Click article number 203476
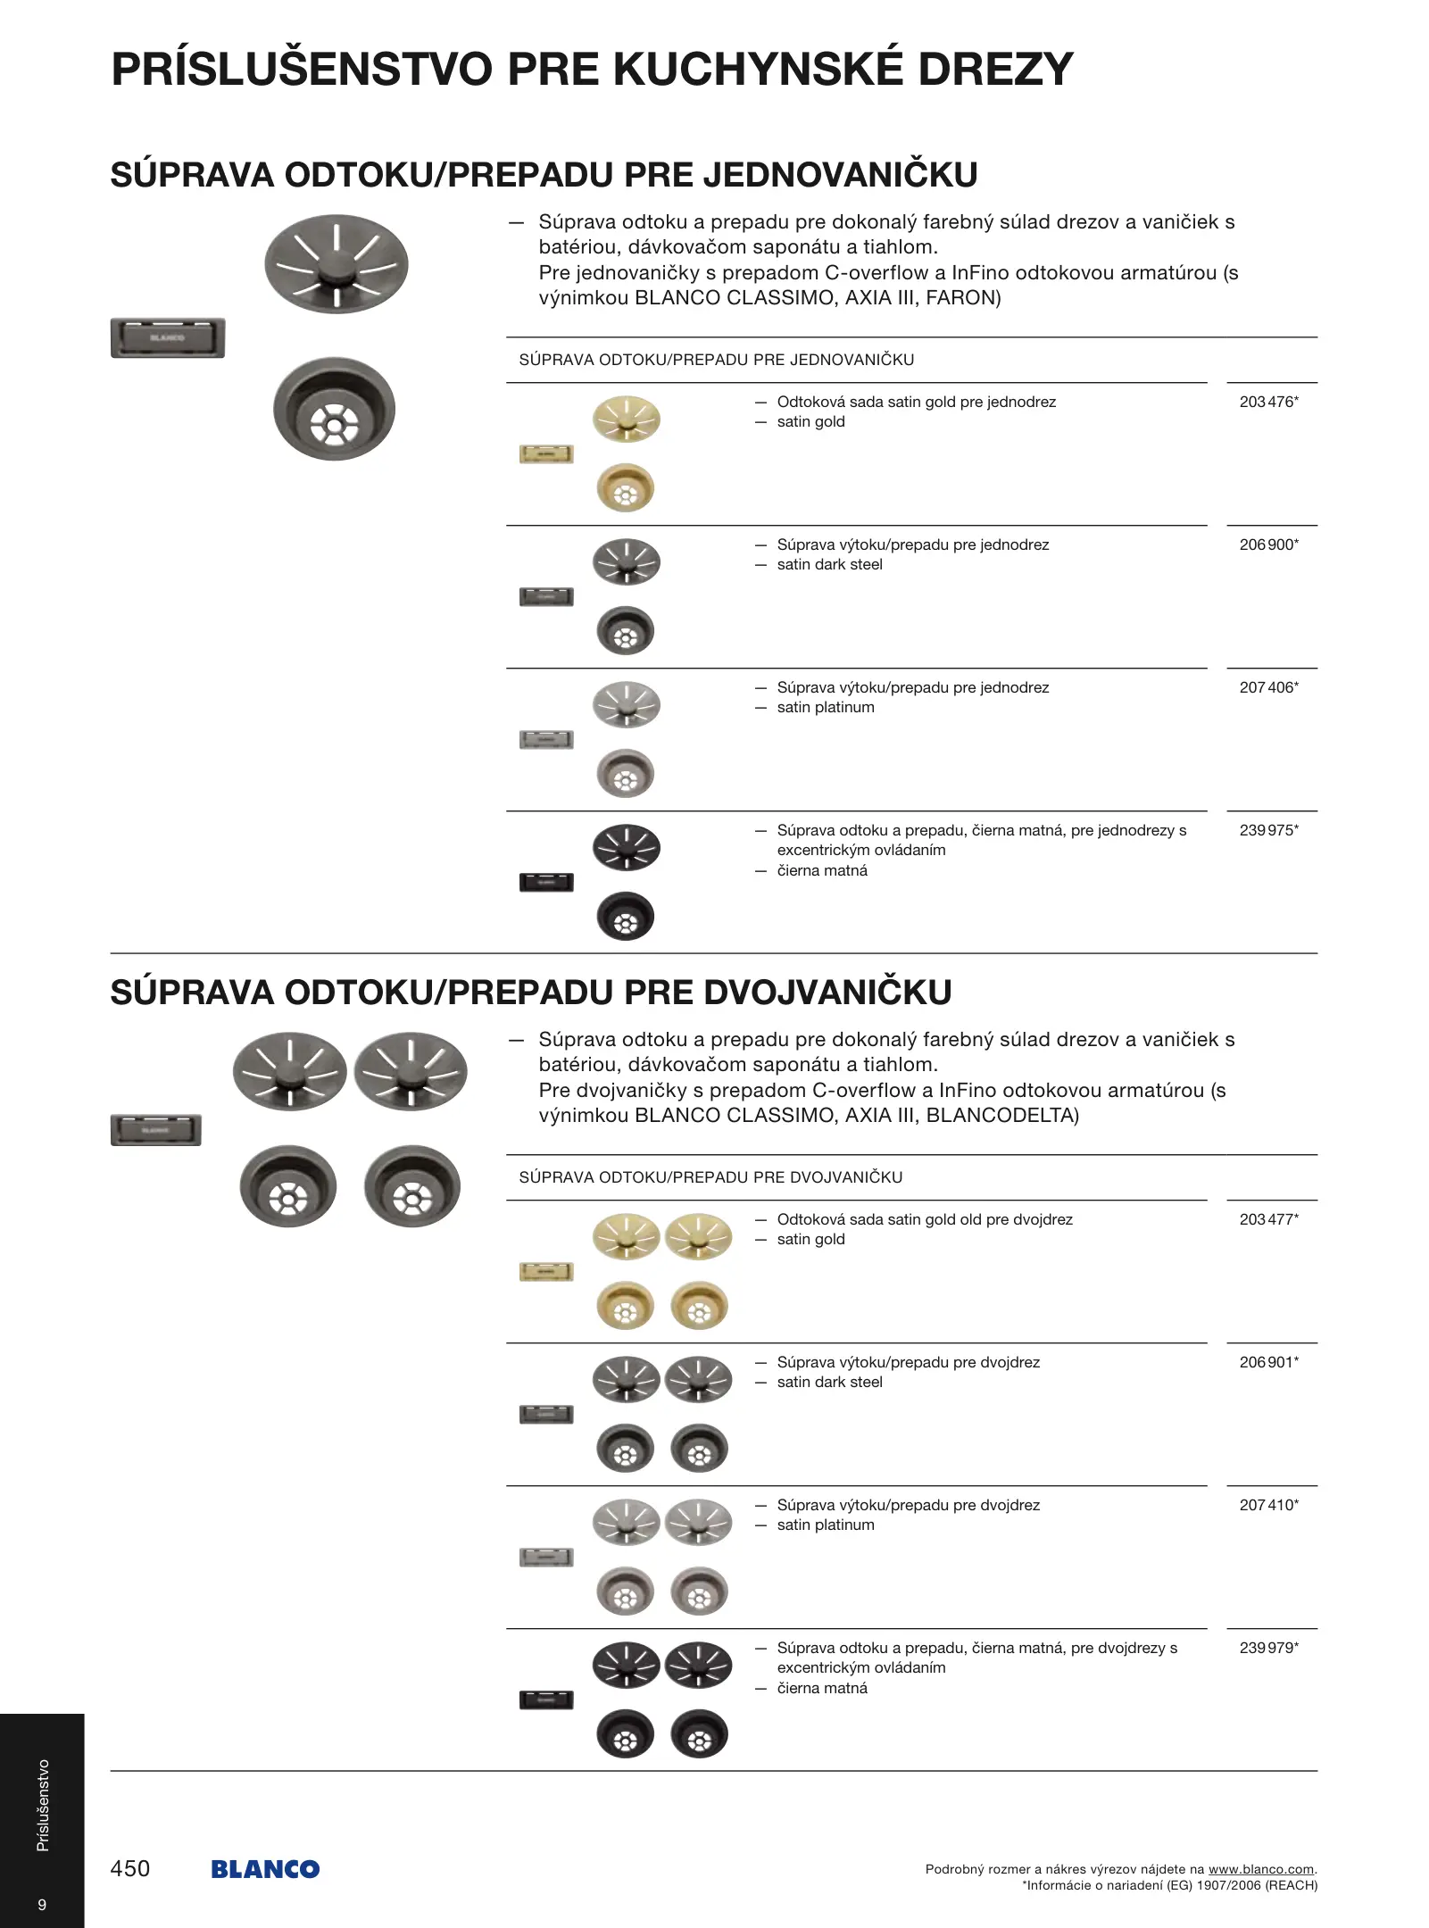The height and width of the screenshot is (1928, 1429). (1267, 402)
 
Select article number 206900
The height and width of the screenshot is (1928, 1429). (1267, 544)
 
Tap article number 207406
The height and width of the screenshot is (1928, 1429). (1267, 687)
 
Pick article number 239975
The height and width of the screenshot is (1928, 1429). (1267, 830)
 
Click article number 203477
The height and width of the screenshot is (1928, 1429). (1267, 1219)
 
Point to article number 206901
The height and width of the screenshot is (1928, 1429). (1267, 1362)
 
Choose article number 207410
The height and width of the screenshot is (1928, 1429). (1267, 1505)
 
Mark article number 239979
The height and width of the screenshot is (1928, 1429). (1267, 1648)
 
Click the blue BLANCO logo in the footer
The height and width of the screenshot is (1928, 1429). (265, 1869)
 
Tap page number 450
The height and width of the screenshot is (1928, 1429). (130, 1868)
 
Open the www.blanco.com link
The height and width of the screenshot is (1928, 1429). (1260, 1869)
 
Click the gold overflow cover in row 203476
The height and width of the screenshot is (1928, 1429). (546, 454)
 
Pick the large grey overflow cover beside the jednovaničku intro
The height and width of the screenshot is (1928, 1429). (168, 337)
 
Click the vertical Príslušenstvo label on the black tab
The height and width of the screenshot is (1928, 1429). (43, 1805)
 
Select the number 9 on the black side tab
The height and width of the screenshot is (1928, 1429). (42, 1904)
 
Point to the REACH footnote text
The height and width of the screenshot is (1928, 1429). (1169, 1885)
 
